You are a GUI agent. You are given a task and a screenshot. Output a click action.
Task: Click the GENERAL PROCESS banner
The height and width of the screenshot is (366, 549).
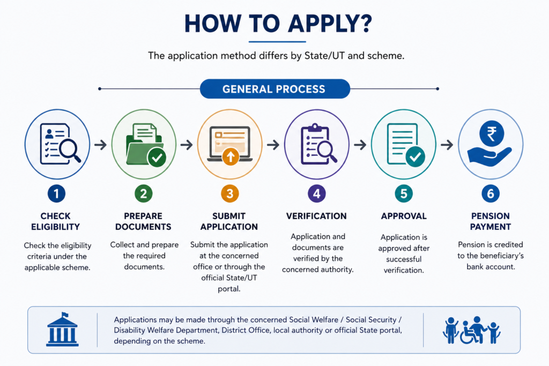(275, 89)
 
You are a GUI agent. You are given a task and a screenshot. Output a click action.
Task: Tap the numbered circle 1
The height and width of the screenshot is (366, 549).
(56, 193)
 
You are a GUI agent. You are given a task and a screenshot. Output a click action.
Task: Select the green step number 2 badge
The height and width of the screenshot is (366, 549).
(144, 193)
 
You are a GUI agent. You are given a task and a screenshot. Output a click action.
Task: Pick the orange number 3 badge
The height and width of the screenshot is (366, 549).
(229, 193)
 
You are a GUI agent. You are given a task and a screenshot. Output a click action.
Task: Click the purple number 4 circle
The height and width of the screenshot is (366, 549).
(316, 193)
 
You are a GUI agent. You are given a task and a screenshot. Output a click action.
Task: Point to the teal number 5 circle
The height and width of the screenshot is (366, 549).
(404, 193)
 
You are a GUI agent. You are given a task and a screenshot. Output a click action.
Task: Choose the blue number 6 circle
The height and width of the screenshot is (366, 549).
(491, 193)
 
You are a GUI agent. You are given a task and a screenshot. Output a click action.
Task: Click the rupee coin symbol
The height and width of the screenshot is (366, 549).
(492, 133)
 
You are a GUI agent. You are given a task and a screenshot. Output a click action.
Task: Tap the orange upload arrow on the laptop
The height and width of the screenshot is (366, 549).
(231, 157)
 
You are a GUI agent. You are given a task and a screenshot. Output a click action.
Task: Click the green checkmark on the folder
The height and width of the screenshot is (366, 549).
(157, 157)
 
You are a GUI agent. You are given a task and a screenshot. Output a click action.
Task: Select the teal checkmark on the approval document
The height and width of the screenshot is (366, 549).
(416, 157)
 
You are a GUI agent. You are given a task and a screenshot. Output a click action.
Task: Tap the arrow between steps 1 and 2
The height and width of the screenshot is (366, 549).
(100, 145)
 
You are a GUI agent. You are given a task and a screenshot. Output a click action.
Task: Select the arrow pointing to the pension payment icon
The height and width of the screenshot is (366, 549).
(447, 145)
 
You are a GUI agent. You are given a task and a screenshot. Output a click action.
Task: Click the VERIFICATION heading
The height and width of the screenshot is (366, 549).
(316, 216)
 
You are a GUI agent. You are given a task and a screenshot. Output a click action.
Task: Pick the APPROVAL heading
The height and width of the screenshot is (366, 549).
(404, 216)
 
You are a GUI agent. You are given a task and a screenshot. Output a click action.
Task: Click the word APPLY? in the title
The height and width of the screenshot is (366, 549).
(330, 24)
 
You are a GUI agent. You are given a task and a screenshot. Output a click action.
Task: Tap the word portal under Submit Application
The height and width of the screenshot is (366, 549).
(229, 289)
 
